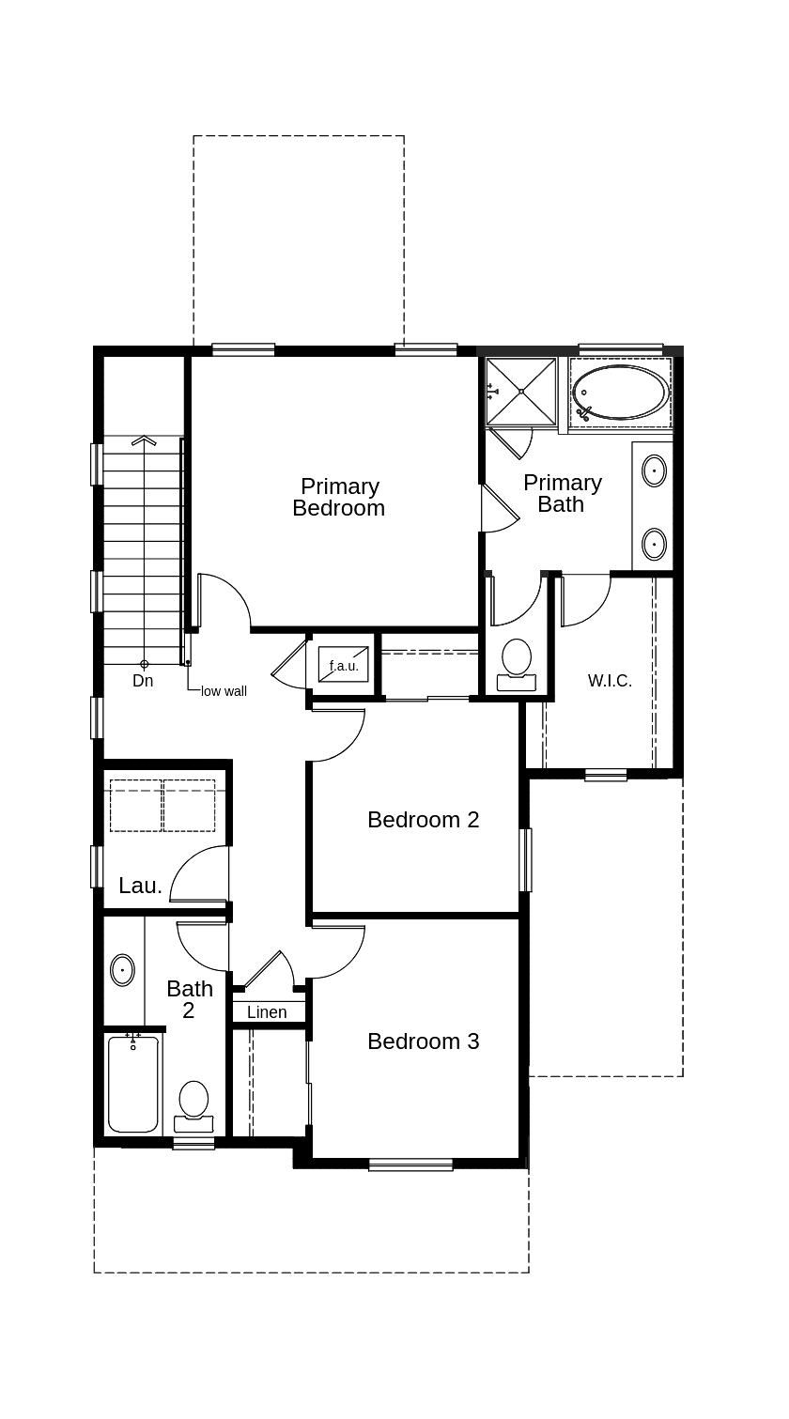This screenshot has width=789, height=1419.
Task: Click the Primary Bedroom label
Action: [x=339, y=498]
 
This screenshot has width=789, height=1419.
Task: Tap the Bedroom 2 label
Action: [x=424, y=820]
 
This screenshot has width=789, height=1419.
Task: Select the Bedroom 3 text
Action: [x=424, y=1041]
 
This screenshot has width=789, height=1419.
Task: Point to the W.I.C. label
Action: [x=610, y=681]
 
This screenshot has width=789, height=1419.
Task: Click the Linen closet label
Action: [x=267, y=1012]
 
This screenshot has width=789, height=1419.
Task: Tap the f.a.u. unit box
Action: [x=343, y=663]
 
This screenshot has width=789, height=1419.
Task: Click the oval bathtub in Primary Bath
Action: [x=621, y=393]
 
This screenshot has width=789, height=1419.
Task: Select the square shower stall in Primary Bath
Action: [x=521, y=392]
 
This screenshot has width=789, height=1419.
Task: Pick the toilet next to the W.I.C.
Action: [x=516, y=665]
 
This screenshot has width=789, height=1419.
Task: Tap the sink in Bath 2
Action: [x=122, y=970]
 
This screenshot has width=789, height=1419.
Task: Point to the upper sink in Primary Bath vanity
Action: [x=654, y=471]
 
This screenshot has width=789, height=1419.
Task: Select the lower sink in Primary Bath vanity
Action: [x=654, y=544]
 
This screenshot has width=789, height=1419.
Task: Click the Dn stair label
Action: [x=143, y=681]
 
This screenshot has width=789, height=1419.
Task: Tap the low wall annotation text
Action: [x=224, y=691]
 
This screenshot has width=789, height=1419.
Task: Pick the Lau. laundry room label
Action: [x=141, y=886]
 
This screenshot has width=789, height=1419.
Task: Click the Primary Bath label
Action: [x=562, y=493]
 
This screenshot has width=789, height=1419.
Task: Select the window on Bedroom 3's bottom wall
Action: [x=410, y=1164]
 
